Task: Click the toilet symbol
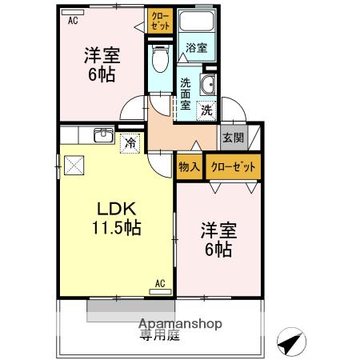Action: [x=158, y=58]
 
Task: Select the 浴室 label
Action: [x=196, y=48]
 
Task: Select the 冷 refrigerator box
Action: [x=130, y=143]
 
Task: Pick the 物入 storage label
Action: [x=190, y=167]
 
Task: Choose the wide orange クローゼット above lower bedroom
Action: [x=234, y=167]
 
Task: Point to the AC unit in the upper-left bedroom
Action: [x=73, y=21]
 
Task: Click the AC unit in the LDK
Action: [x=160, y=283]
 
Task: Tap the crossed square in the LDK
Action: [x=74, y=166]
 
